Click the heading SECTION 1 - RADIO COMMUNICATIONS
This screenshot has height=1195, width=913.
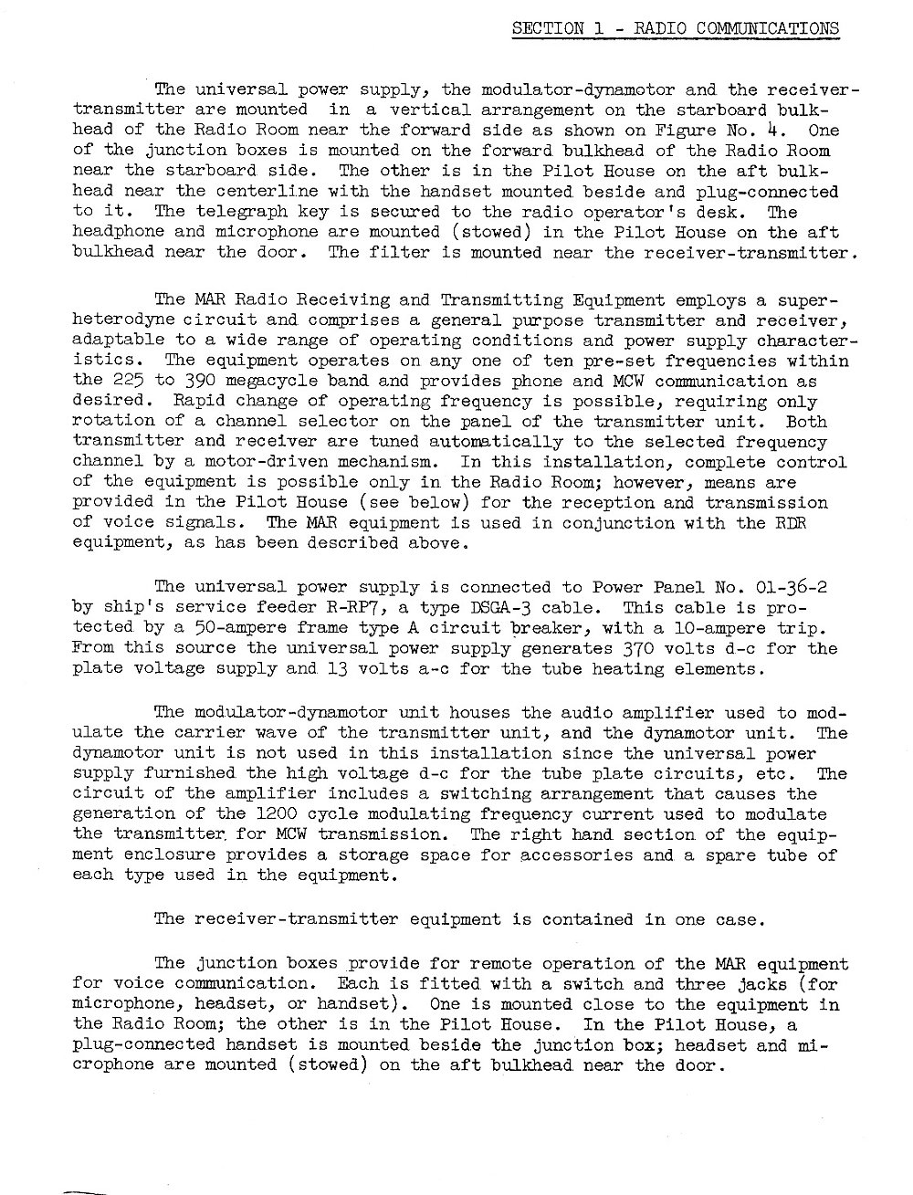[x=675, y=27]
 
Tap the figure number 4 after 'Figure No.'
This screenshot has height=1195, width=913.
[x=771, y=130]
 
